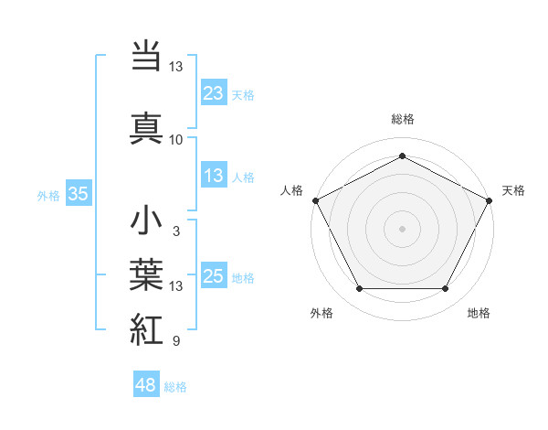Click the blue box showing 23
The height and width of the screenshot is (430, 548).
tap(214, 92)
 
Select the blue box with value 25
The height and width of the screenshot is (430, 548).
tap(214, 276)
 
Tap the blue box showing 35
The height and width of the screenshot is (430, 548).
tap(78, 193)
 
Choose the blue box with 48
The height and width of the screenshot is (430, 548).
tap(146, 385)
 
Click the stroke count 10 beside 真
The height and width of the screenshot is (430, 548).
tap(176, 140)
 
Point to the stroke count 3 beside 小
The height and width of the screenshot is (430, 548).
tap(176, 232)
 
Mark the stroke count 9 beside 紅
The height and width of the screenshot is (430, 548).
tap(176, 342)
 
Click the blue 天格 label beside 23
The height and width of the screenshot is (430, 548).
tap(243, 94)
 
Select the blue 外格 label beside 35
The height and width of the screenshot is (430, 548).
tap(48, 195)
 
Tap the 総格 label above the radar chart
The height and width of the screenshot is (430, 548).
tap(402, 119)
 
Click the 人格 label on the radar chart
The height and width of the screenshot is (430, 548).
tap(291, 190)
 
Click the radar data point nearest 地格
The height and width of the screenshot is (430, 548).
tap(445, 289)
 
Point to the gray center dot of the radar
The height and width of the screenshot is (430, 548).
tap(402, 228)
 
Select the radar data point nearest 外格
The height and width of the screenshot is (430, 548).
tap(359, 289)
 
